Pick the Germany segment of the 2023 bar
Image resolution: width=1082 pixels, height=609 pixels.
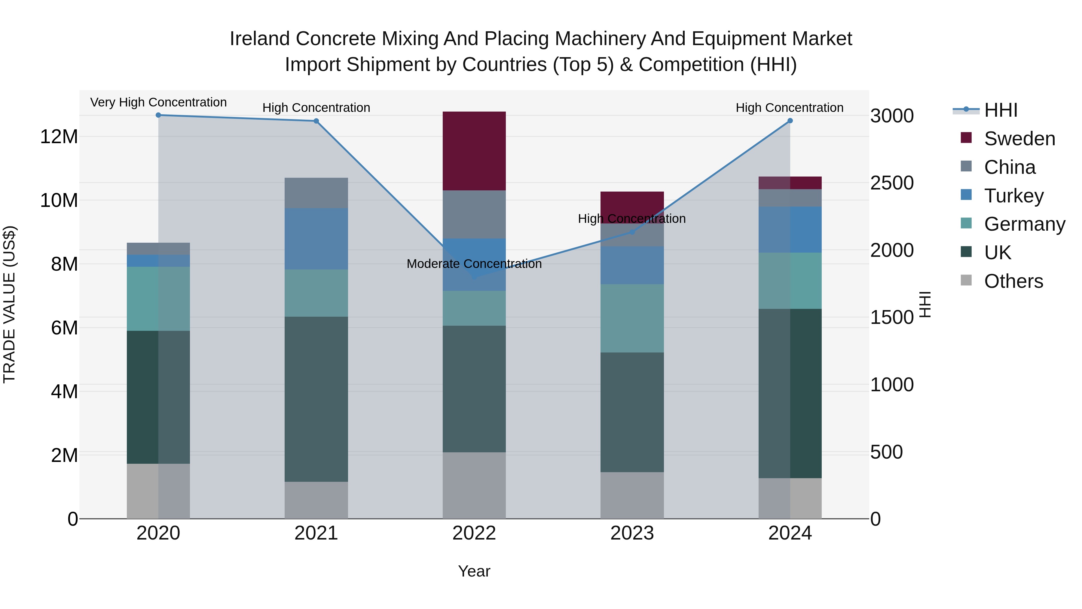pos(632,318)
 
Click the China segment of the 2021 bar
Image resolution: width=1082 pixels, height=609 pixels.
pos(316,193)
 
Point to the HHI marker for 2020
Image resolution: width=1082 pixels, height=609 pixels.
pos(158,115)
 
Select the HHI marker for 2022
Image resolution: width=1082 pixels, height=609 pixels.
pos(475,277)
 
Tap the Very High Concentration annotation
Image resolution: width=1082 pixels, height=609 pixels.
pos(158,102)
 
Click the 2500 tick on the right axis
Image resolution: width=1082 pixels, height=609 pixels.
pos(892,183)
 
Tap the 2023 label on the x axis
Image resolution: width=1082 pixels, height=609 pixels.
pos(632,533)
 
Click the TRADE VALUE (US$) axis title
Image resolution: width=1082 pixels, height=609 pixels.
pos(10,304)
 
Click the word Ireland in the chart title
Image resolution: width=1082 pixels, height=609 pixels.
pos(260,39)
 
